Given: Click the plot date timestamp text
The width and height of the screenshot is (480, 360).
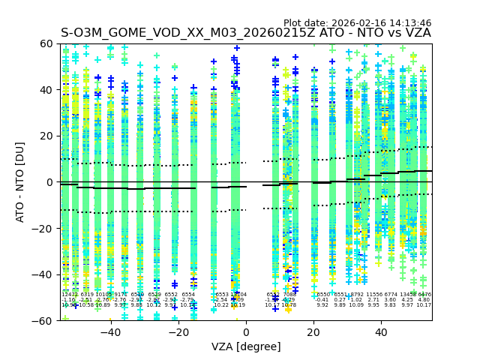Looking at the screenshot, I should [x=357, y=23].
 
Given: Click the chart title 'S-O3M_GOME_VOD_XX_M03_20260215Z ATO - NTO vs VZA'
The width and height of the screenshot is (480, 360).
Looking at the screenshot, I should [x=246, y=33].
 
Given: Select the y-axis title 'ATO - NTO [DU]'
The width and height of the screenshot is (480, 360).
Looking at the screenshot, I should [x=20, y=182].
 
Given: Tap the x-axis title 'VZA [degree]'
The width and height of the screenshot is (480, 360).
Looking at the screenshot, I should [x=246, y=346].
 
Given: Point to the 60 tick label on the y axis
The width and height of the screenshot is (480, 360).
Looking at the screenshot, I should [x=46, y=44].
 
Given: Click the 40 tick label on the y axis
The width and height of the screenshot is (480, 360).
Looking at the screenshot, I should [x=46, y=90].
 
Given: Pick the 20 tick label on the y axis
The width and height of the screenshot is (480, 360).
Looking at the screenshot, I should [x=46, y=136].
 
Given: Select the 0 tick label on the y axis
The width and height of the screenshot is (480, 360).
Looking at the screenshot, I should [x=49, y=182].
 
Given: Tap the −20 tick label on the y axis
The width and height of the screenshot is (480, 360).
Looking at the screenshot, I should [x=43, y=229].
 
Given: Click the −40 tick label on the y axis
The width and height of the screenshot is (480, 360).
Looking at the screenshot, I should [x=43, y=274].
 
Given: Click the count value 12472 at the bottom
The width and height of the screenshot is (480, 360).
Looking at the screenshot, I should [x=69, y=295].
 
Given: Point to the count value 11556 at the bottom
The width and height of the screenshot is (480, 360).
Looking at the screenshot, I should [x=373, y=295].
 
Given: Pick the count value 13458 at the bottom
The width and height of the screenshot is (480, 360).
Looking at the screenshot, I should [x=408, y=295].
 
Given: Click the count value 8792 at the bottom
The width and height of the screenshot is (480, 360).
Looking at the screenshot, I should [x=357, y=295].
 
